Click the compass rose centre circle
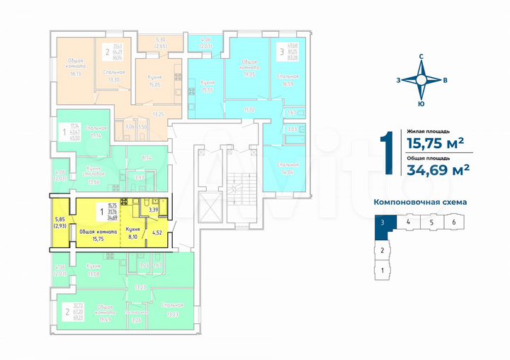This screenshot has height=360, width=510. tap(421, 80)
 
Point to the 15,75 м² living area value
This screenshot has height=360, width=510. tap(436, 142)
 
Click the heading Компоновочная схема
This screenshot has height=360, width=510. tap(420, 202)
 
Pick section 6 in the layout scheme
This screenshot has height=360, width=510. tap(453, 222)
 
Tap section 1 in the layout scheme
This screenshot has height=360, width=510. tap(382, 270)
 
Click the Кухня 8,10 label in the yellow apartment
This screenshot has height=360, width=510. tap(132, 233)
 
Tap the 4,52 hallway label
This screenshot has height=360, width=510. tap(158, 230)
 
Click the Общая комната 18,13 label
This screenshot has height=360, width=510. tap(76, 67)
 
